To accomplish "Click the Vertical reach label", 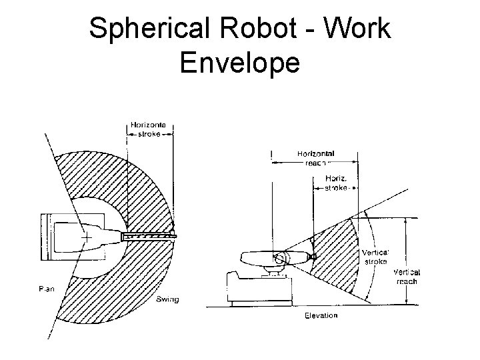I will [x=406, y=277].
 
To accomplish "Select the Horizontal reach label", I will [x=315, y=157].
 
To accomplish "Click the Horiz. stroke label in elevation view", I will [x=335, y=183].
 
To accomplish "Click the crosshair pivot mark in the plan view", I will [x=85, y=237].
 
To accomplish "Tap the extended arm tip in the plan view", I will [x=173, y=235].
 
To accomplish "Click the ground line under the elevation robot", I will [x=293, y=306].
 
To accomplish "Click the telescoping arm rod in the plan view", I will [x=148, y=235].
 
